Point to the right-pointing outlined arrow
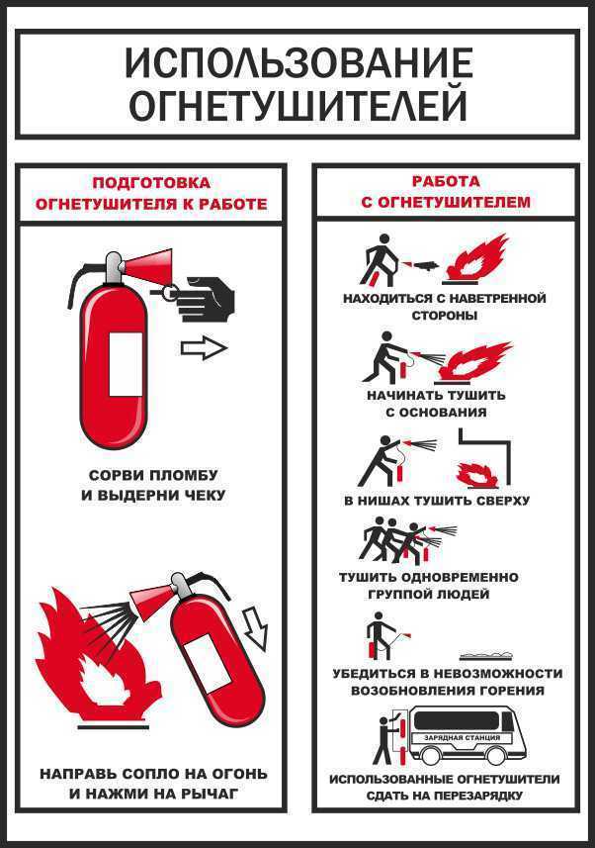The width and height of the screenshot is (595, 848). coord(204,348)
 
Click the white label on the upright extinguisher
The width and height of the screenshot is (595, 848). coord(126,363)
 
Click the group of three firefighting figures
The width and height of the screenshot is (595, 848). coord(395,540)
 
